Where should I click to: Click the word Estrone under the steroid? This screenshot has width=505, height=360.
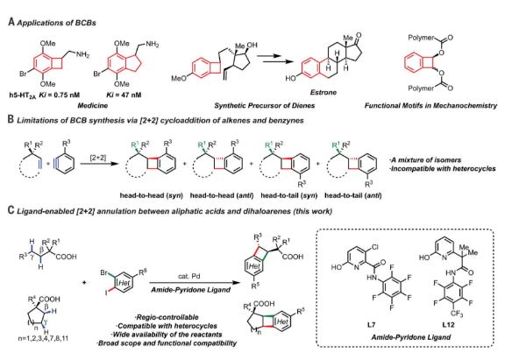324,92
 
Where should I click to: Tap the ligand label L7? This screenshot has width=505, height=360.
372,325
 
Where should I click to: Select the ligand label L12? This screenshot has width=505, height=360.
448,325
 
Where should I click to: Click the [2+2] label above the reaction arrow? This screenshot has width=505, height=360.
97,157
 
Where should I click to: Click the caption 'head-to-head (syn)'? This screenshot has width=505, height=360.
151,195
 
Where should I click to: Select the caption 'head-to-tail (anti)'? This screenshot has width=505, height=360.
353,195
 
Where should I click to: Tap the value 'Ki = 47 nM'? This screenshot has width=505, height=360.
124,95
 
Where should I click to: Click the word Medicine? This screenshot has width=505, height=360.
92,105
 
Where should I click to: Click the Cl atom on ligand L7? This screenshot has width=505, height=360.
375,247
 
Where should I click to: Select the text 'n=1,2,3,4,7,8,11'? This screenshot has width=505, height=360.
43,338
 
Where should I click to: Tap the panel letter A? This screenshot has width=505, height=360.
11,22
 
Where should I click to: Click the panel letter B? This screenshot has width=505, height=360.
11,119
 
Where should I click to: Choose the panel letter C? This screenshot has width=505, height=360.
11,210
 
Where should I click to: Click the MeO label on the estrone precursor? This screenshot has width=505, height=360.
179,78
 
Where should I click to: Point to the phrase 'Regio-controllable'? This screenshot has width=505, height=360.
167,318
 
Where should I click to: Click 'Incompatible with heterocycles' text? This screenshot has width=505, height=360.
443,168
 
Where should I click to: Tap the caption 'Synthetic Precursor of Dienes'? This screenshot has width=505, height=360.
265,105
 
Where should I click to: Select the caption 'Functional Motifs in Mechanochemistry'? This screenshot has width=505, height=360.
430,105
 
